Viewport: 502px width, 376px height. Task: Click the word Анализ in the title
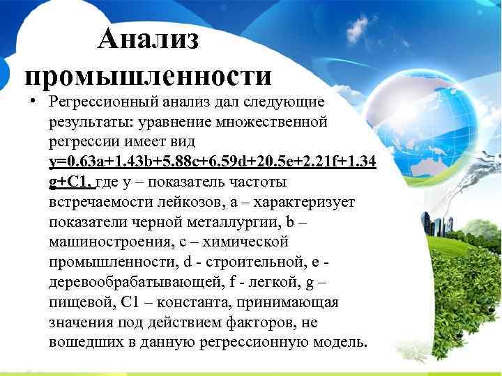[149, 40]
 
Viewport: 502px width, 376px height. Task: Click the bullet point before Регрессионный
[33, 101]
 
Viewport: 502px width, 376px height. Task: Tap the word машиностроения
[103, 243]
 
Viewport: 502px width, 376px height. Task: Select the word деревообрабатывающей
[124, 283]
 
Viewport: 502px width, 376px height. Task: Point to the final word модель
[338, 343]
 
